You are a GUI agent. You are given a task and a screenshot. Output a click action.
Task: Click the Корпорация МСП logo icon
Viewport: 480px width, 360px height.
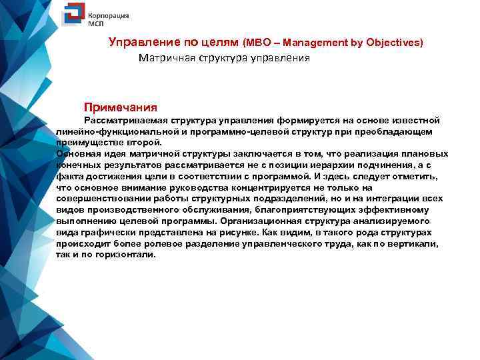pyautogui.click(x=72, y=16)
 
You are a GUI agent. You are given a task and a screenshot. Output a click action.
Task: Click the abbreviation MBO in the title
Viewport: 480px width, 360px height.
pyautogui.click(x=258, y=43)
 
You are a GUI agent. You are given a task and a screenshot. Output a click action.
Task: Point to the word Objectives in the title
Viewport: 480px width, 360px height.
pyautogui.click(x=389, y=43)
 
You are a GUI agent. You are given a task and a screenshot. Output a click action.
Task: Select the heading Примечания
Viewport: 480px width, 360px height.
pyautogui.click(x=120, y=107)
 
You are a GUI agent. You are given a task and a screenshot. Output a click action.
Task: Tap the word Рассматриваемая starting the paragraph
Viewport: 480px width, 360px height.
pyautogui.click(x=126, y=120)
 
